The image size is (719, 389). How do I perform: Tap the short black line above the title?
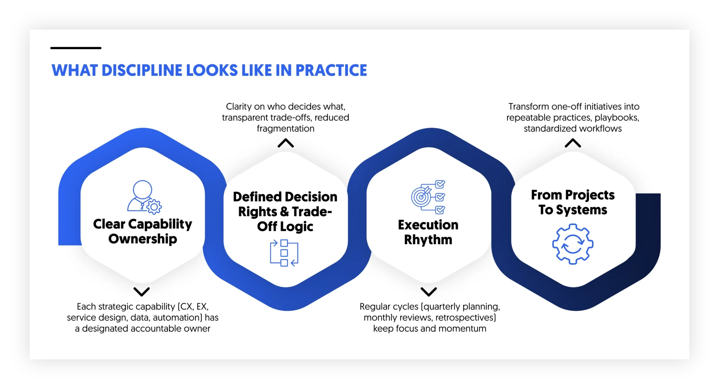[x=76, y=48]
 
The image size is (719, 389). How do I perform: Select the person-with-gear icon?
[x=144, y=196]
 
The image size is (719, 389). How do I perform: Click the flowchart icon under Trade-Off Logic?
[x=284, y=253]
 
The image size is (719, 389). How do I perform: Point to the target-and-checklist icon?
[x=428, y=197]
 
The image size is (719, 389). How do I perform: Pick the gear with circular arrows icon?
[x=573, y=244]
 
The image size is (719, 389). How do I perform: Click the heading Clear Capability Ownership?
[x=143, y=231]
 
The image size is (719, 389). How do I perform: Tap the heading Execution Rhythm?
[x=428, y=232]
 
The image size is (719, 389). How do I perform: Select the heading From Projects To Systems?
[x=573, y=202]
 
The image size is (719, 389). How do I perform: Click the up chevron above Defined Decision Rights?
[x=286, y=143]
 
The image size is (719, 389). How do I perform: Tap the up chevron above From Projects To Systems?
[x=573, y=143]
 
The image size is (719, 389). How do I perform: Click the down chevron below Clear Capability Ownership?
[x=142, y=291]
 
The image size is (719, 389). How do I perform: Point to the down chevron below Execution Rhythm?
[x=429, y=291]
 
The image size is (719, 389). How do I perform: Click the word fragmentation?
[x=285, y=129]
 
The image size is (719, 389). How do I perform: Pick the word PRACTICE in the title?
[x=331, y=70]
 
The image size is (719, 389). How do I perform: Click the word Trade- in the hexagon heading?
[x=312, y=212]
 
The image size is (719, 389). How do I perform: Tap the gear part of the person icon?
[x=154, y=207]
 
